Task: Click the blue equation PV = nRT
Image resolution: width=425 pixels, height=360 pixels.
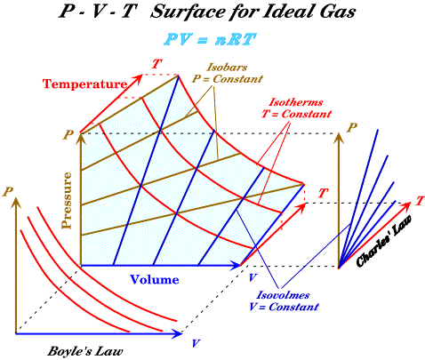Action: [210, 39]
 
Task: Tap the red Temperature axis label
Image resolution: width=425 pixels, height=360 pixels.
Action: [84, 84]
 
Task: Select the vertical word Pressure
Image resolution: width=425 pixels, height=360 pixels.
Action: [67, 201]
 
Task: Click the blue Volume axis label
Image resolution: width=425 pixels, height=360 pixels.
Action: [155, 279]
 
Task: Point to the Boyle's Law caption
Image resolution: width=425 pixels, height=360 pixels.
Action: [85, 351]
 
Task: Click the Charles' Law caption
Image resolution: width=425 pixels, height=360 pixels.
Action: [383, 241]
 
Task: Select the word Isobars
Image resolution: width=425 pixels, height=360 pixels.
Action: [227, 68]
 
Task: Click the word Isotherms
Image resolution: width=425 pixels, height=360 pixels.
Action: [296, 102]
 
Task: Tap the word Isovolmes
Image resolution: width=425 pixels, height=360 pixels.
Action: [283, 295]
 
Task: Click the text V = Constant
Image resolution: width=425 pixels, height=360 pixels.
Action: [284, 307]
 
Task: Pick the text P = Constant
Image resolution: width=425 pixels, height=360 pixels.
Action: [228, 79]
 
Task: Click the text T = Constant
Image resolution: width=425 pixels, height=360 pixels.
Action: [296, 114]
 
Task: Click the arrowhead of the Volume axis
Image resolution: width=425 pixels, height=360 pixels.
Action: [235, 266]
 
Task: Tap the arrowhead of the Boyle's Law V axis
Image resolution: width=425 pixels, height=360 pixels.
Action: [177, 334]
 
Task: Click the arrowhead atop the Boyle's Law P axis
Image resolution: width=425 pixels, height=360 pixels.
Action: [16, 202]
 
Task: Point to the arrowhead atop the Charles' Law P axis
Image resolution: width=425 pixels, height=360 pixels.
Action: [339, 139]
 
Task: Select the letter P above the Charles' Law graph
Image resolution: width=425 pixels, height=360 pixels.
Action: [352, 128]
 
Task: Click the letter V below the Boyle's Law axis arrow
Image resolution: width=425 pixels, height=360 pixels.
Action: [196, 343]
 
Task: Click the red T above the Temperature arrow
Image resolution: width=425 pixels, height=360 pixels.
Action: [157, 64]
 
